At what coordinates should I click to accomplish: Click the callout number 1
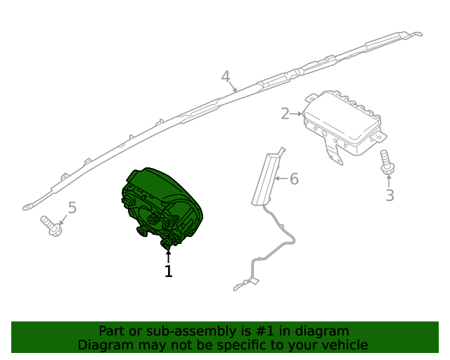(169, 271)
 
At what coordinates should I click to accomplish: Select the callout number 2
(285, 114)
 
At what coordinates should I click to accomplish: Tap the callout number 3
(390, 195)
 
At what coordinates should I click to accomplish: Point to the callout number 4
(226, 77)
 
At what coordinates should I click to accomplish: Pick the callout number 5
(72, 207)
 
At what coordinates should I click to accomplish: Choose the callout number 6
(294, 179)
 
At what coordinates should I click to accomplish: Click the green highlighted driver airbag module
(162, 207)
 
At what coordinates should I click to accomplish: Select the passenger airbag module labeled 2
(345, 127)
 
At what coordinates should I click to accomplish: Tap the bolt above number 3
(387, 162)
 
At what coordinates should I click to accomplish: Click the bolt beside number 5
(51, 226)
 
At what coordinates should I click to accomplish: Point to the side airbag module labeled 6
(266, 178)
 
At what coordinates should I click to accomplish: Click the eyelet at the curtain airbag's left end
(28, 207)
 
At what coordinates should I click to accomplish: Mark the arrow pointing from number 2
(295, 114)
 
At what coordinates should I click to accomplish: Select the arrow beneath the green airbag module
(168, 256)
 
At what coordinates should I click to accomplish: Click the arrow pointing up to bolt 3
(389, 181)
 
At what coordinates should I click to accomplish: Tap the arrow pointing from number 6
(281, 179)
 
